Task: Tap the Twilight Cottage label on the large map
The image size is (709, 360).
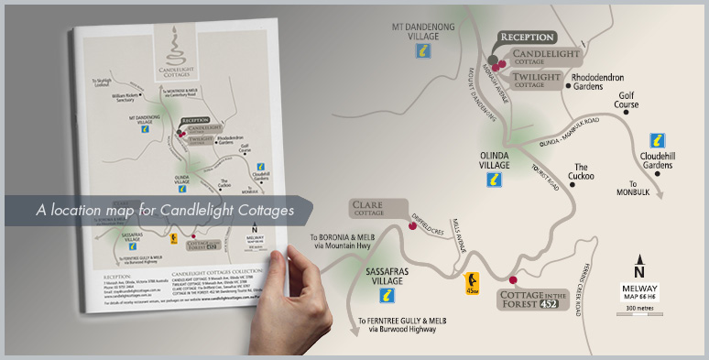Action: coord(537,79)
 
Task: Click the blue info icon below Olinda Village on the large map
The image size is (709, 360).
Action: coord(494,180)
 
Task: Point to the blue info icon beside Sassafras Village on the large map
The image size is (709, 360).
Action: coord(387,295)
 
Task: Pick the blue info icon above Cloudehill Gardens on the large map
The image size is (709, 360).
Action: coord(656,141)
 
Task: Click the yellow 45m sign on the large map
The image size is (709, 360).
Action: coord(473,282)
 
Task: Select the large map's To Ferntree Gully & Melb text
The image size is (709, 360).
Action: coord(397,325)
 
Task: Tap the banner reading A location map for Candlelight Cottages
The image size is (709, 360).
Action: coord(165,211)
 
